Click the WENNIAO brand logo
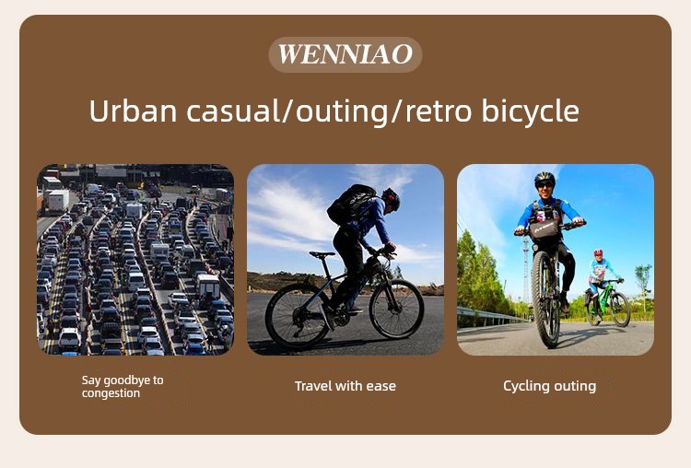(345, 54)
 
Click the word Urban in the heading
(133, 111)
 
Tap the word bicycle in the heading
(530, 111)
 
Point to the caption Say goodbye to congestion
(123, 387)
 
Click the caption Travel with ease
(345, 386)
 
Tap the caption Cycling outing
(549, 386)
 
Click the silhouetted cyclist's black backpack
(350, 204)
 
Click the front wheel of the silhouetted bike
(396, 309)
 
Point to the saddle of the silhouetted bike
(322, 254)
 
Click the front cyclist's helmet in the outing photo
(545, 178)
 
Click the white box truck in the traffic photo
(58, 201)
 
